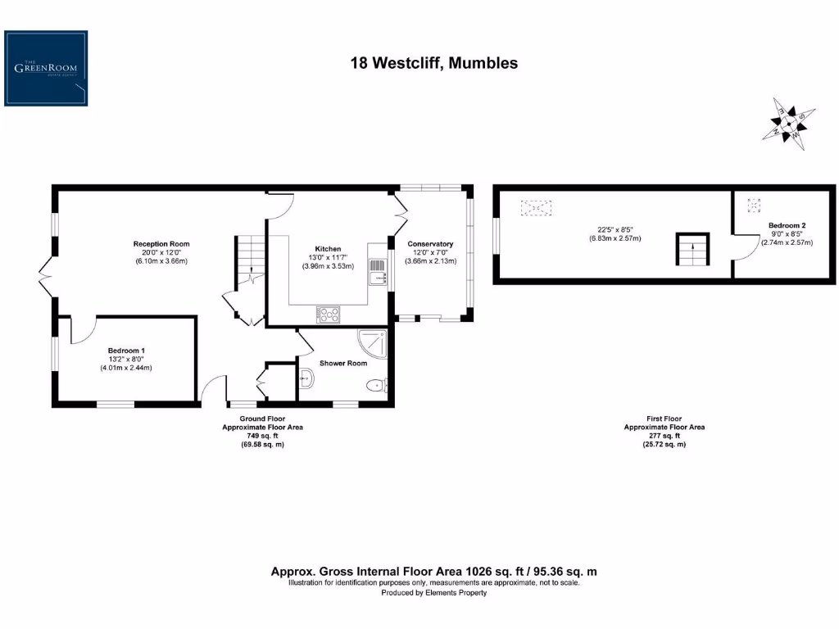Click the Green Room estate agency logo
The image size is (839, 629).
coord(46,68)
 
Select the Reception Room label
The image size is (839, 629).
coord(161,244)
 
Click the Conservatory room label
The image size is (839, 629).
coord(430,244)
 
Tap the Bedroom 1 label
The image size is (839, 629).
coord(125,351)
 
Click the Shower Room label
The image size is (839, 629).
coord(343,364)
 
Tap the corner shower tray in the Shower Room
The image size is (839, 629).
coord(373,345)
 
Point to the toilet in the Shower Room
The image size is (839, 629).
coord(379,386)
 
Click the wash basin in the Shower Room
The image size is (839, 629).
coord(306,378)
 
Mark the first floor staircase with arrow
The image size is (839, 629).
coord(692,250)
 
